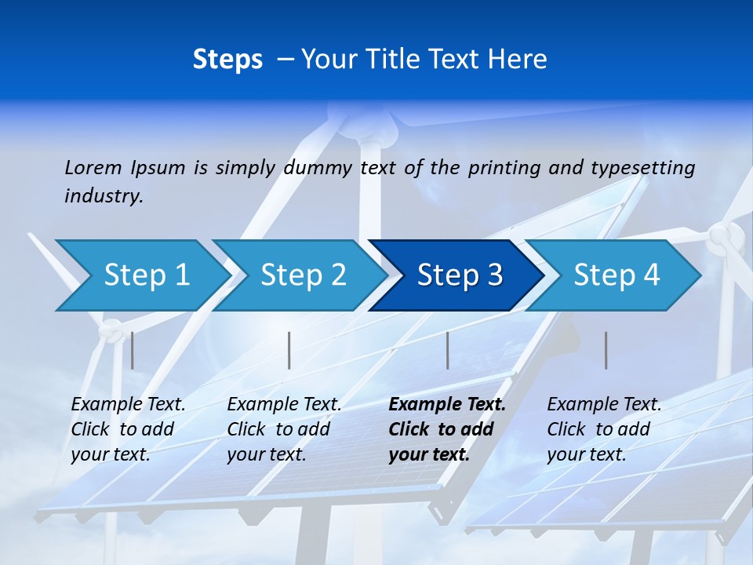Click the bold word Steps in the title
(x=227, y=60)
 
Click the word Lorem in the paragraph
(x=93, y=167)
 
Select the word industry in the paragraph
(x=104, y=195)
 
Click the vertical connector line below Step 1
(x=132, y=350)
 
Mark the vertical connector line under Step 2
(x=289, y=350)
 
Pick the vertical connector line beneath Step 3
(x=447, y=350)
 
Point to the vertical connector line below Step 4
(x=606, y=350)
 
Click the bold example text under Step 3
(x=446, y=429)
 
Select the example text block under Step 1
(x=128, y=429)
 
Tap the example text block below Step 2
(x=284, y=429)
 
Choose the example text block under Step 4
(x=604, y=429)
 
